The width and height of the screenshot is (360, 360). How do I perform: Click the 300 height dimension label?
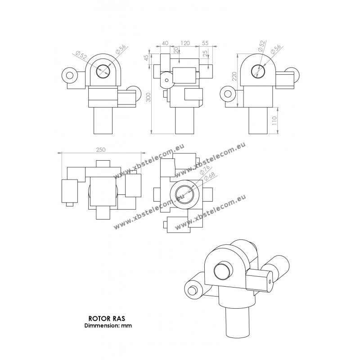pyautogui.click(x=149, y=97)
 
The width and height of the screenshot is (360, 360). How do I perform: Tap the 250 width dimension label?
pyautogui.click(x=100, y=150)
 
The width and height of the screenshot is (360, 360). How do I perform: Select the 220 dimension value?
pyautogui.click(x=234, y=76)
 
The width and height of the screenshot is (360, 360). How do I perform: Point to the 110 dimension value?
pyautogui.click(x=274, y=120)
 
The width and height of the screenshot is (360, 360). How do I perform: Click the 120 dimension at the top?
pyautogui.click(x=185, y=43)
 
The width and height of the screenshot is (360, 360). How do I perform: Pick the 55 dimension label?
pyautogui.click(x=205, y=43)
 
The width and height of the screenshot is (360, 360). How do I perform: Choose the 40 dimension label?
pyautogui.click(x=165, y=43)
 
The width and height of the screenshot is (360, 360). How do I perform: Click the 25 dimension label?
pyautogui.click(x=205, y=53)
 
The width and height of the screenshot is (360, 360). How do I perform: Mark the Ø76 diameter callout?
pyautogui.click(x=204, y=170)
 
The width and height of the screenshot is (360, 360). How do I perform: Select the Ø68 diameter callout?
pyautogui.click(x=209, y=176)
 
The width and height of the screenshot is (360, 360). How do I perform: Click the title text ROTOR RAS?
pyautogui.click(x=107, y=319)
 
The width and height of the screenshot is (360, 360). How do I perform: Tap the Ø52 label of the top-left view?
pyautogui.click(x=81, y=55)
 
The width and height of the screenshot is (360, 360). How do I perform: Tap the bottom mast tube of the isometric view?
pyautogui.click(x=238, y=321)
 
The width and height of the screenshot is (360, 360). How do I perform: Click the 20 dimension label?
pyautogui.click(x=175, y=50)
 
